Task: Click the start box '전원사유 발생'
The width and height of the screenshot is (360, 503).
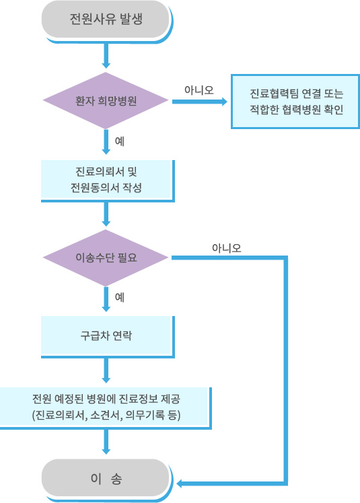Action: coord(106,20)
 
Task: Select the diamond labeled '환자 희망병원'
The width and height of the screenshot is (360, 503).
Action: coord(106,101)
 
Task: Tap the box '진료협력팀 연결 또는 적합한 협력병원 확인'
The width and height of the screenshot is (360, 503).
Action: coord(295,102)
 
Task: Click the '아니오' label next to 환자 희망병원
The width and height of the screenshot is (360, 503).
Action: coord(199,90)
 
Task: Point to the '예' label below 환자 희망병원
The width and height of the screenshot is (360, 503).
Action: coord(120,141)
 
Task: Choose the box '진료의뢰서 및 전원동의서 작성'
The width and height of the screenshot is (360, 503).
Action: coord(108,181)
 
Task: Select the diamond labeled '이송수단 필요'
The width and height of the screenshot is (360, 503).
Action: coord(106,258)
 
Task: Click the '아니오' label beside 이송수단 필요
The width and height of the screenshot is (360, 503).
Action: coord(226,248)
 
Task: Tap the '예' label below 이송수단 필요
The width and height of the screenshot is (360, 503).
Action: coord(120,297)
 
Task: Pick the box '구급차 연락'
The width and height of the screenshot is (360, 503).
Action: coord(108,337)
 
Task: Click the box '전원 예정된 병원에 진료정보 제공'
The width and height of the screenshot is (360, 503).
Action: coord(106,408)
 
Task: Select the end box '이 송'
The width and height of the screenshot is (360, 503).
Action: coord(106,479)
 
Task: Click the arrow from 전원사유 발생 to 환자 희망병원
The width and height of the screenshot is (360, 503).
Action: coord(106,56)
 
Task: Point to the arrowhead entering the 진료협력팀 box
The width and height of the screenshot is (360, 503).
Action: coord(223,102)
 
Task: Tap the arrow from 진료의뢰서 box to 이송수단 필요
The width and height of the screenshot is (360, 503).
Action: coord(106,215)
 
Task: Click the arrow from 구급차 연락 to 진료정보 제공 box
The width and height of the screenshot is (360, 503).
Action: coord(106,371)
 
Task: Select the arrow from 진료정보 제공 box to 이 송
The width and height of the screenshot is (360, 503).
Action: coord(106,442)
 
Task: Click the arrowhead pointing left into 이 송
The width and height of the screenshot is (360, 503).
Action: coord(180,483)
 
